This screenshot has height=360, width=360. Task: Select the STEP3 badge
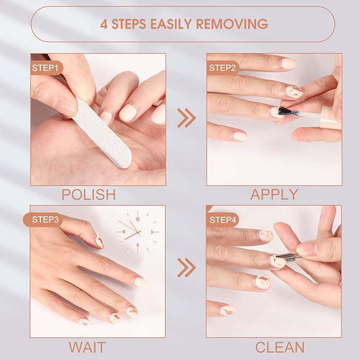pos(47,218)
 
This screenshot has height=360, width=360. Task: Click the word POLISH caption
pos(89,195)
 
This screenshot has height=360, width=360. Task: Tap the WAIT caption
pos(87,348)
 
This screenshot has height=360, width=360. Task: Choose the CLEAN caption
pos(280,348)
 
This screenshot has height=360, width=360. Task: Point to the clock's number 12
pos(138,218)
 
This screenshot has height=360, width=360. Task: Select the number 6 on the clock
pos(138,245)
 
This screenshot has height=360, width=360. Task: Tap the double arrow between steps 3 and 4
pos(186,267)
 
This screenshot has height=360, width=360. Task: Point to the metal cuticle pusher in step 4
pos(291,258)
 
